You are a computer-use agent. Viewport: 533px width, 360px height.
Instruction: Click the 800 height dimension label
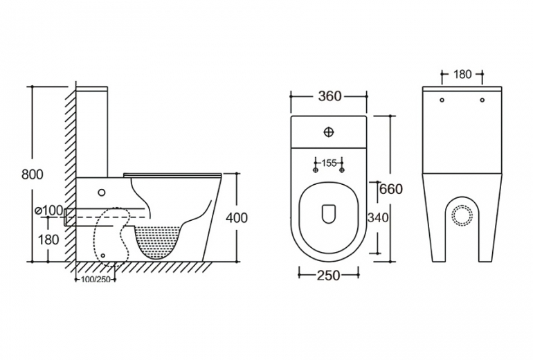pyautogui.click(x=33, y=175)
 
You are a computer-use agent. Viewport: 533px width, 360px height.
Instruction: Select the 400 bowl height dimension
pyautogui.click(x=237, y=218)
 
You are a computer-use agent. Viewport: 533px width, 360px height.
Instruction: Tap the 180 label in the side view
pyautogui.click(x=48, y=240)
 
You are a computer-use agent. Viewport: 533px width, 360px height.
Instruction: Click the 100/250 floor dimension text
pyautogui.click(x=94, y=279)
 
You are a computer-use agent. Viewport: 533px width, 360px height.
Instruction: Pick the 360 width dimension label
pyautogui.click(x=329, y=96)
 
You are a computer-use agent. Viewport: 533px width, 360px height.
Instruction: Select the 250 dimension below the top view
pyautogui.click(x=328, y=276)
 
